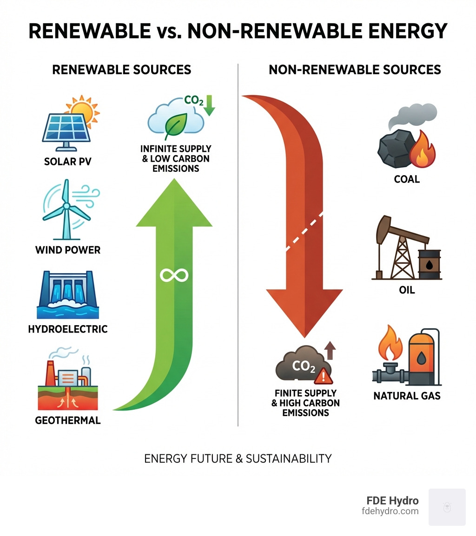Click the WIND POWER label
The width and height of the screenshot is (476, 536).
(68, 250)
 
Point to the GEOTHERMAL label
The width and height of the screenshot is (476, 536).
(68, 421)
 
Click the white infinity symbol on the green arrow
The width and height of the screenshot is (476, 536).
(173, 275)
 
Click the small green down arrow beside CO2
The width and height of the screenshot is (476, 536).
(209, 105)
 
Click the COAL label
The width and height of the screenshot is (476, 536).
(407, 179)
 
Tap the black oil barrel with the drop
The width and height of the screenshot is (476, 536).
(430, 265)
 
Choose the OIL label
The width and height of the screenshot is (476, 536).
(407, 290)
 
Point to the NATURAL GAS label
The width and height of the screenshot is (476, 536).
(407, 396)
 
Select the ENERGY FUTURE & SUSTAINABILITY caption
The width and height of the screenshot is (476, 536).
(238, 458)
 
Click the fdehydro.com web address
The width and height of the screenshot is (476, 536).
(390, 511)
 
